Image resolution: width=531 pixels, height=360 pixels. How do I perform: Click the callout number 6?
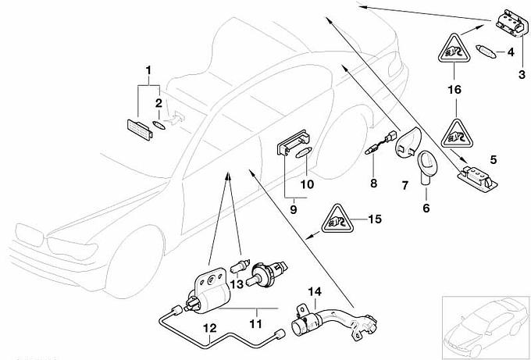point(426,209)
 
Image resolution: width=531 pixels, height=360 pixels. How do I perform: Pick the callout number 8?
point(373,184)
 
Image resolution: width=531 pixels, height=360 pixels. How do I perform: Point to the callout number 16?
point(454,90)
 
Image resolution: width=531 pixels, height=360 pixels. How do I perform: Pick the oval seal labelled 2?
point(159,123)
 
